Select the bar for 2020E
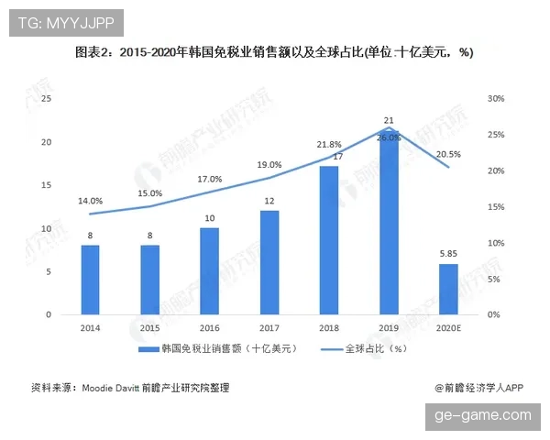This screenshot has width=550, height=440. pos(448,289)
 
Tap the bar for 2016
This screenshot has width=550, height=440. pos(210,271)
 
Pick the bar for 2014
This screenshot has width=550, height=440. pos(90,280)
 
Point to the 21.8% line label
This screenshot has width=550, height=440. pos(329,145)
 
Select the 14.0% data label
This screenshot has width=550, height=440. pos(90,200)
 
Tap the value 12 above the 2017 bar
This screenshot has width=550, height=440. pos(269,201)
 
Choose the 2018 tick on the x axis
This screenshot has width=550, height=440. pos(329,327)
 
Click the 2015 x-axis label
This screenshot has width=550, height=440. pos(150,327)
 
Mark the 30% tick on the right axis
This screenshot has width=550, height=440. pos(496,99)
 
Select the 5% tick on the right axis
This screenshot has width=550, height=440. pos(494,279)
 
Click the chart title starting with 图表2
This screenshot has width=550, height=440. pos(274,52)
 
